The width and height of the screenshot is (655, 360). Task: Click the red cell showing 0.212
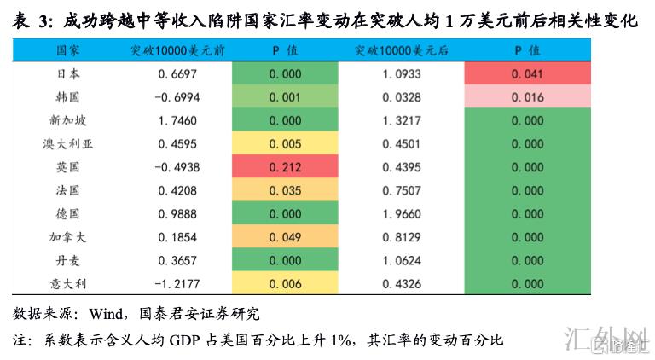[284, 167]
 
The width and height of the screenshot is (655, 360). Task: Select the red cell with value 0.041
[527, 74]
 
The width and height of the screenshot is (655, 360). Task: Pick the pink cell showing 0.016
[527, 97]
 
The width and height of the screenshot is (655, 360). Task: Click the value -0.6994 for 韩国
[177, 97]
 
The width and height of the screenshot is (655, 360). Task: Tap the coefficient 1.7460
[177, 121]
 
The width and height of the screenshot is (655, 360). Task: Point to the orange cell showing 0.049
[284, 237]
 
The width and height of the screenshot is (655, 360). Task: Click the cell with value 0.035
[284, 191]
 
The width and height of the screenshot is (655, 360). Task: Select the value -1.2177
[177, 284]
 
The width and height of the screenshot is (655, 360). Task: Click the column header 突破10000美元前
[177, 51]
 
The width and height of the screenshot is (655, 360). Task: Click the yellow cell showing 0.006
[284, 284]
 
